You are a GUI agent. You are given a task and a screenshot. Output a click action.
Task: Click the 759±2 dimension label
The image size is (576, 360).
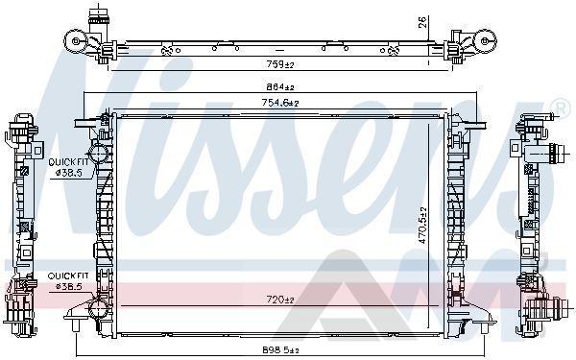point(280,64)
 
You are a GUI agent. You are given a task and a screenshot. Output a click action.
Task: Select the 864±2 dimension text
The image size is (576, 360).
point(280,87)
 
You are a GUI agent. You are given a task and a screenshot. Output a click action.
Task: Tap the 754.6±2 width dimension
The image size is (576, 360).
point(280,103)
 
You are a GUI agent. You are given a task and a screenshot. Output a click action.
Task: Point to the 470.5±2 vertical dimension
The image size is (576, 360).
point(422,226)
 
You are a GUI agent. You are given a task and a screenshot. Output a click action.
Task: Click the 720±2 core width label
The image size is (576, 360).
point(280,300)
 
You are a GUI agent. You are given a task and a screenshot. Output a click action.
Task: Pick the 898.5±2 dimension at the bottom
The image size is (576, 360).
point(280,350)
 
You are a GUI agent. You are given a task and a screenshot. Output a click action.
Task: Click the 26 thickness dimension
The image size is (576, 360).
point(422,22)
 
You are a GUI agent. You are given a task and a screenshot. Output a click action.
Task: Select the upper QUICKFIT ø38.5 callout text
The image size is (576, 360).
point(69,167)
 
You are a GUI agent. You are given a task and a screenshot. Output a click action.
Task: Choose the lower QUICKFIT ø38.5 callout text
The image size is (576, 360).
point(68,280)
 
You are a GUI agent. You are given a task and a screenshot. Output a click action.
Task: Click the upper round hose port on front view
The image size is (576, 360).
point(99,153)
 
